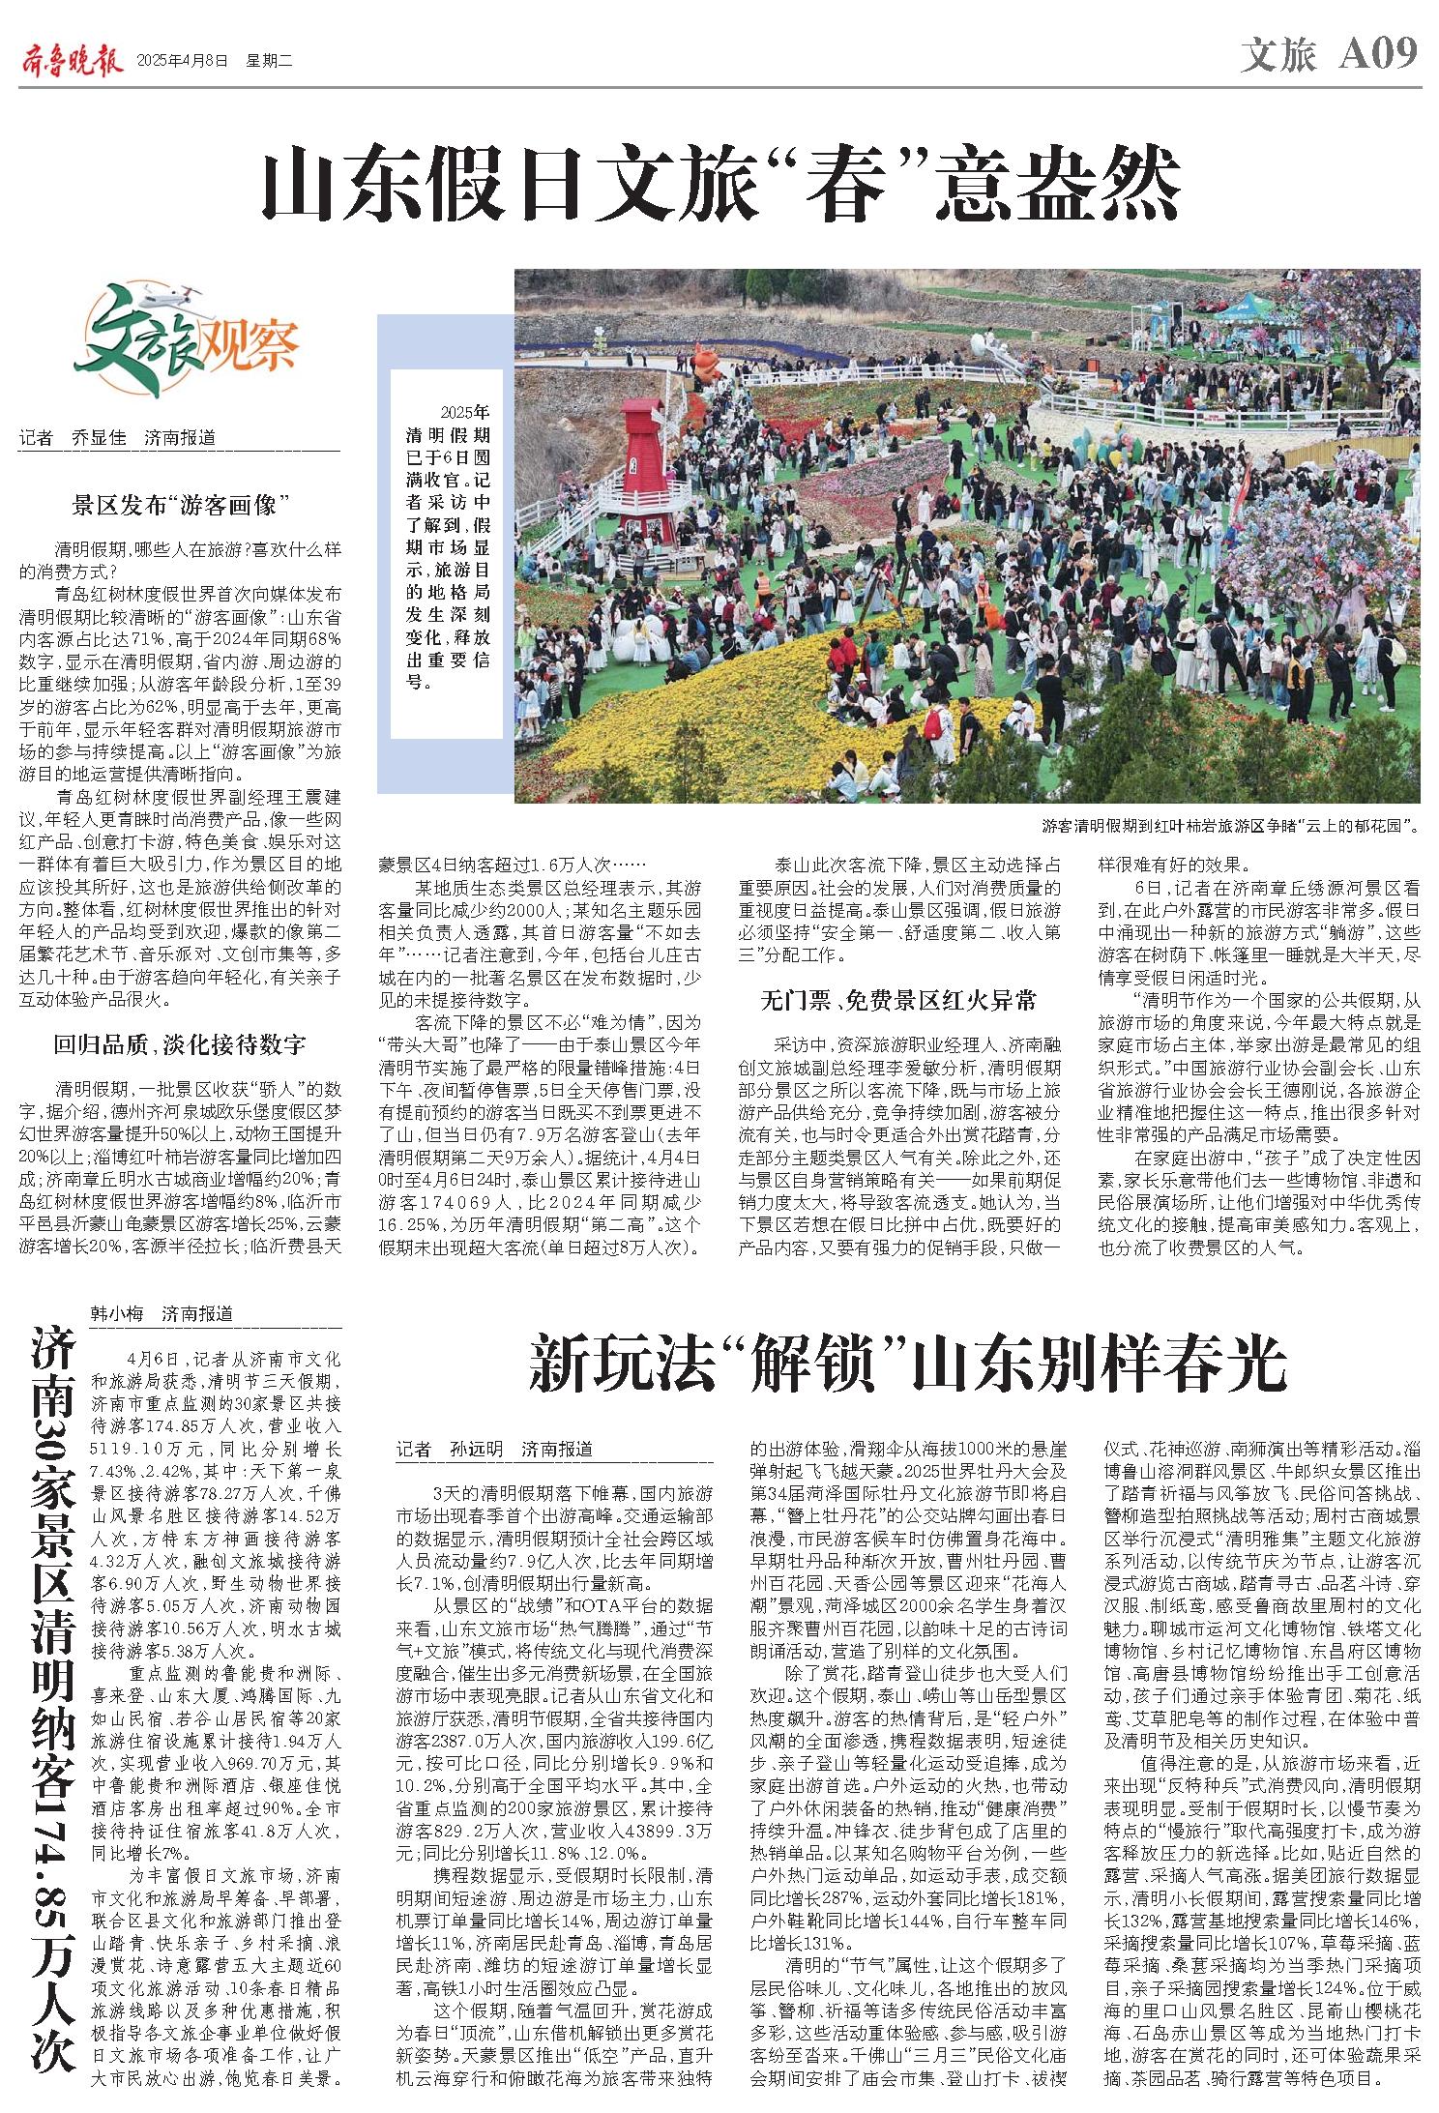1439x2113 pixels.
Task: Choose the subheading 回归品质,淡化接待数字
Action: [180, 1043]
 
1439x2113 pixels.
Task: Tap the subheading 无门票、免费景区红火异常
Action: [898, 1000]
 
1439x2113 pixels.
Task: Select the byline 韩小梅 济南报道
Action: [162, 1313]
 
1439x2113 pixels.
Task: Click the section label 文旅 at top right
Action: [1278, 56]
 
